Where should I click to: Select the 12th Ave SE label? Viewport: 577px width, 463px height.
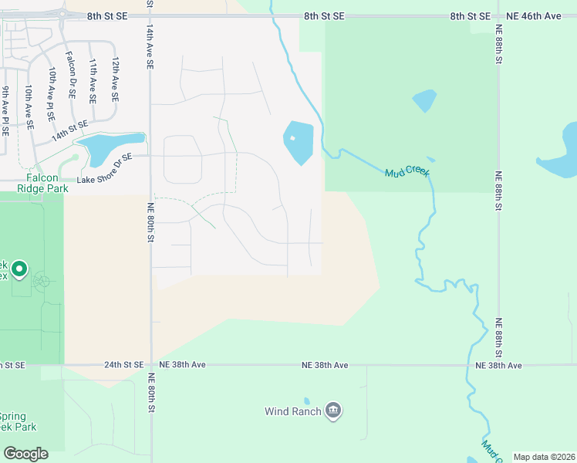point(115,79)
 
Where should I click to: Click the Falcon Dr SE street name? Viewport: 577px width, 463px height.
point(70,75)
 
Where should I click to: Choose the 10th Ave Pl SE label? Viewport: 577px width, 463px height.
point(51,93)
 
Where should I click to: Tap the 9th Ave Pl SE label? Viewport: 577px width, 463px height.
point(5,112)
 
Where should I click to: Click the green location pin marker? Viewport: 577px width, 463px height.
point(19,270)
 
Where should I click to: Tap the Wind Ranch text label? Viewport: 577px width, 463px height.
point(292,411)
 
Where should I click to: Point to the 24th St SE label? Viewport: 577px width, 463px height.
point(123,364)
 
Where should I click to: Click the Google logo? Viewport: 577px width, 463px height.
point(25,454)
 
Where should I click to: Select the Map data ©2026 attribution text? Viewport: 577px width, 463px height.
point(543,457)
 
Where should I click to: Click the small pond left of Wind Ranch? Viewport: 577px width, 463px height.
point(306,401)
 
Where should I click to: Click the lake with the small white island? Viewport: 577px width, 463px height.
point(299,141)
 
